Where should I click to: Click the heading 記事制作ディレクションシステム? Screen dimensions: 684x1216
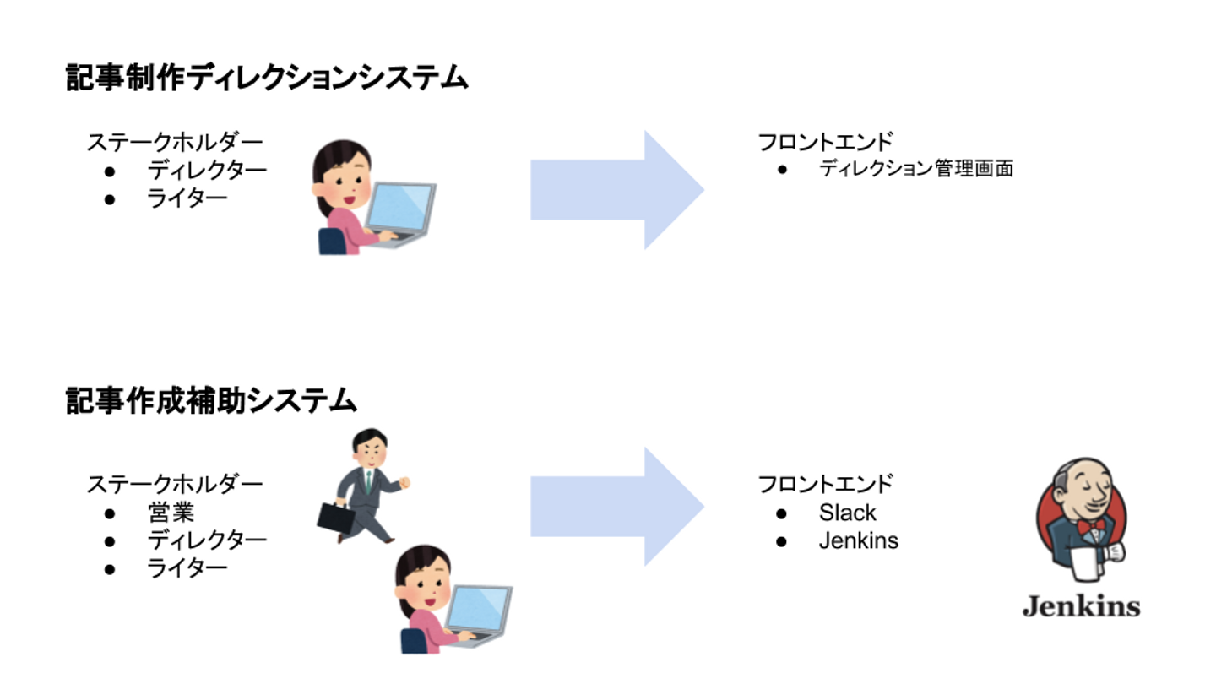click(267, 79)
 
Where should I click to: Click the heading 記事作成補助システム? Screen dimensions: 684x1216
click(211, 401)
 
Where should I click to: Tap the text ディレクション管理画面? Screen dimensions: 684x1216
click(915, 169)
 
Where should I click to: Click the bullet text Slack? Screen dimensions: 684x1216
click(847, 513)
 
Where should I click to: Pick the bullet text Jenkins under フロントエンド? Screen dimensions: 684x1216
click(858, 540)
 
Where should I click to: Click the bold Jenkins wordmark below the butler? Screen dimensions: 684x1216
click(1081, 605)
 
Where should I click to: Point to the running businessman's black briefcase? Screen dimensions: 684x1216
click(334, 518)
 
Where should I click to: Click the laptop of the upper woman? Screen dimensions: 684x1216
click(400, 211)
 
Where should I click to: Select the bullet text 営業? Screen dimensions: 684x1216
click(171, 513)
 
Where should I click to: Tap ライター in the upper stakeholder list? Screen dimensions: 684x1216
click(187, 198)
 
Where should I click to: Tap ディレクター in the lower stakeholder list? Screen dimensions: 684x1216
click(207, 540)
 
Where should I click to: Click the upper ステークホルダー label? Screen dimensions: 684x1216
click(174, 142)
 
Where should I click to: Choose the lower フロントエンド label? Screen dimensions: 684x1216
click(824, 484)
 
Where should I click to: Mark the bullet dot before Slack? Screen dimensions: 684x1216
click(782, 513)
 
